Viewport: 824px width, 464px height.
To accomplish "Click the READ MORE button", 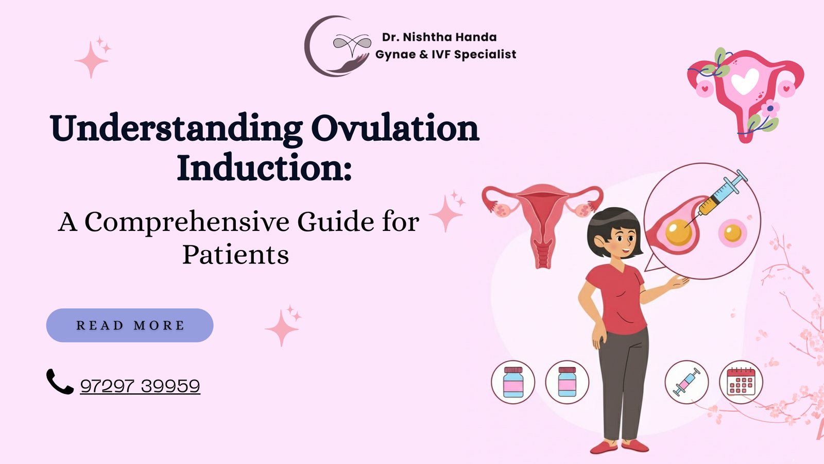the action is (130, 325).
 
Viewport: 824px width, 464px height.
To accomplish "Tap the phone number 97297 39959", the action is (140, 386).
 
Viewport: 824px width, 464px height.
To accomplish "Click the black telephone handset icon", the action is (60, 382).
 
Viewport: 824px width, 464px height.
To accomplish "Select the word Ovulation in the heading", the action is (395, 128).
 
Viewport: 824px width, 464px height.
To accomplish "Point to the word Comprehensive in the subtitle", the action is (187, 222).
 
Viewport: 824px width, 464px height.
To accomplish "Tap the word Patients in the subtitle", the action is (235, 255).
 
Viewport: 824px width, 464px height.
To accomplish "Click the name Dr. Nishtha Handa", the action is (439, 37).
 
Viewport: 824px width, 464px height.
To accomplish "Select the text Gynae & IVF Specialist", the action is (445, 55).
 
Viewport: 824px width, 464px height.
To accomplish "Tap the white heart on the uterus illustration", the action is (745, 81).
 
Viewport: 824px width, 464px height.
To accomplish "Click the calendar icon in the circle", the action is (741, 382).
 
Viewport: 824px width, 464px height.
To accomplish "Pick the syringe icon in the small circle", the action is (686, 382).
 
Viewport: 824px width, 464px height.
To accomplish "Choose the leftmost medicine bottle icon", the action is (513, 382).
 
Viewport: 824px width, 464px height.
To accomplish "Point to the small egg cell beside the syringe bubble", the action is (732, 233).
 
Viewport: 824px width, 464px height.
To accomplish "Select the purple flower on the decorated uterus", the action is (770, 109).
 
